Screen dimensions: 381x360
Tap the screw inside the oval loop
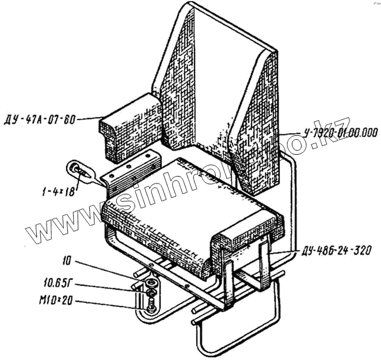[x=79, y=170]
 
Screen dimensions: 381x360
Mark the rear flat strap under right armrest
[x=264, y=265]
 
